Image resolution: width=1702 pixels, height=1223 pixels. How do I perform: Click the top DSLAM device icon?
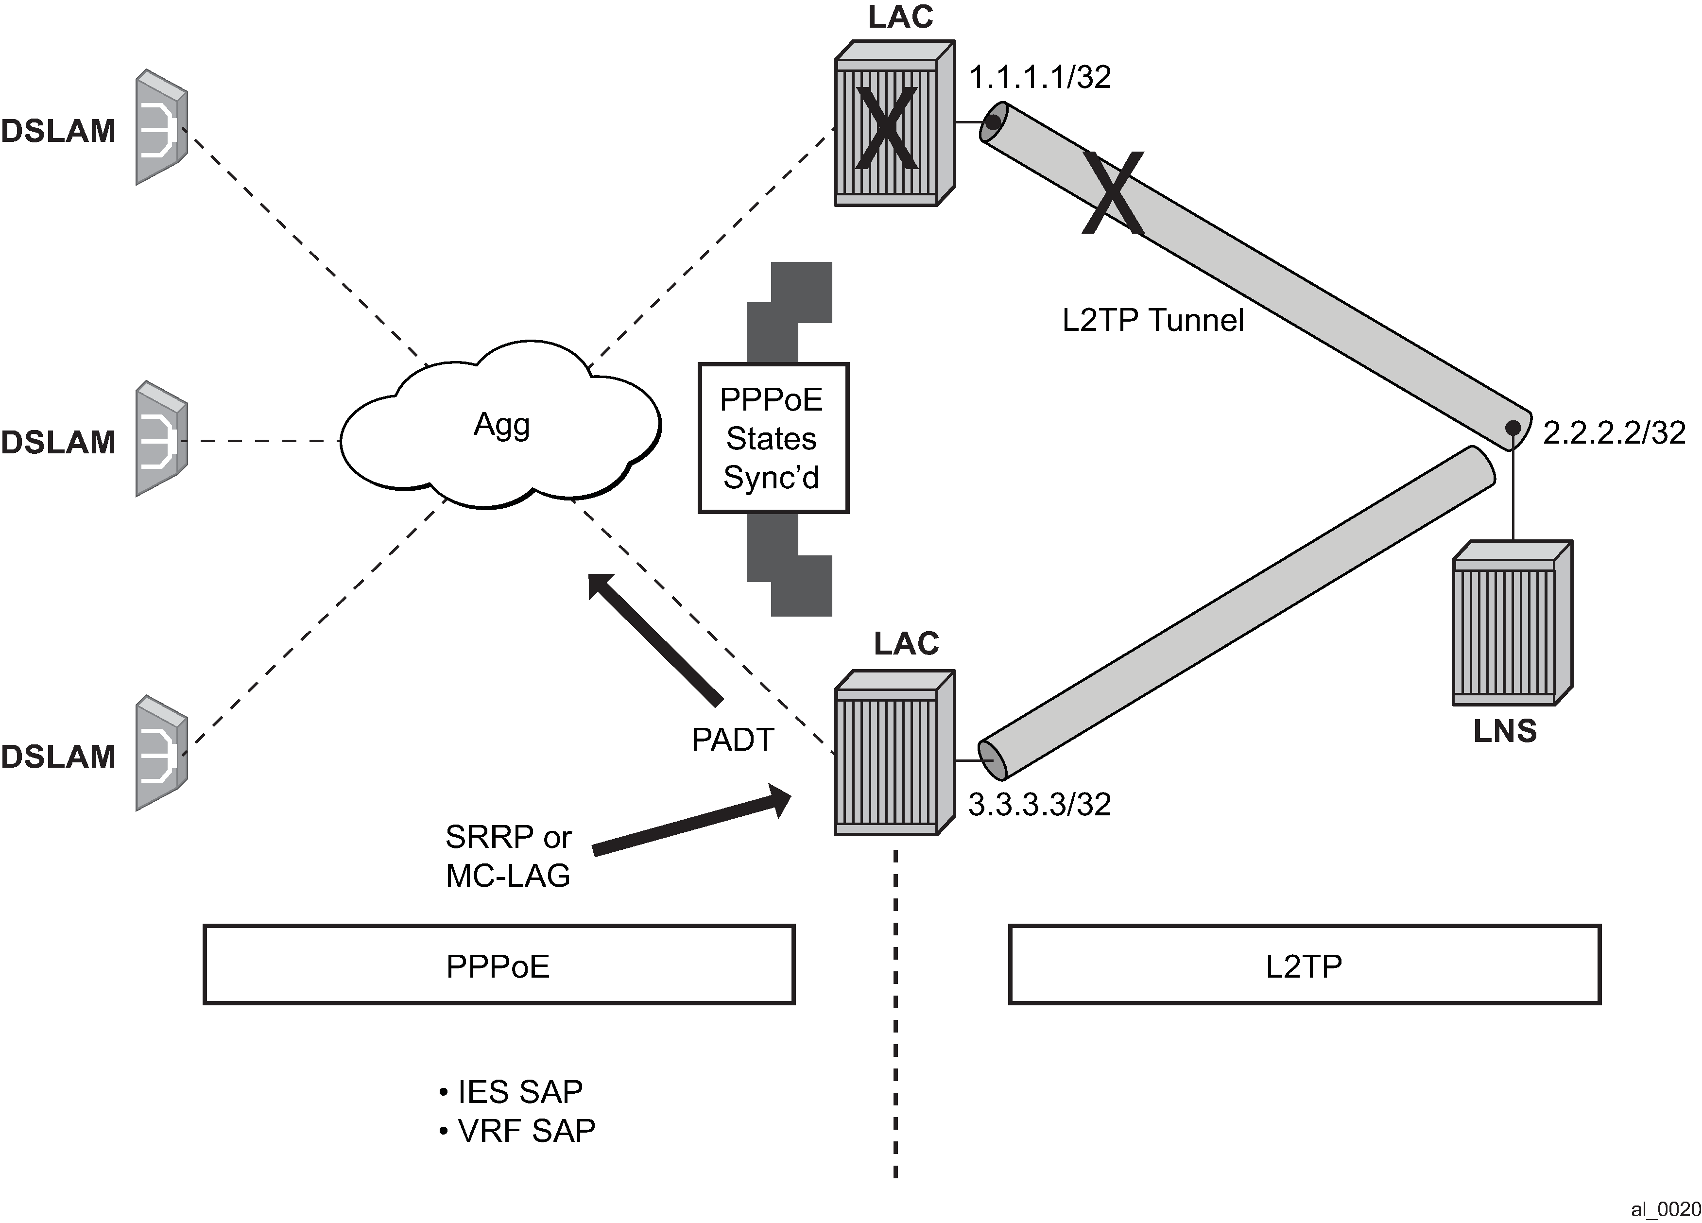click(x=161, y=128)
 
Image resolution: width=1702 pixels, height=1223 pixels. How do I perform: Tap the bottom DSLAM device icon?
click(x=161, y=753)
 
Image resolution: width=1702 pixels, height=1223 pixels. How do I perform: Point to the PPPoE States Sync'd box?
click(x=773, y=438)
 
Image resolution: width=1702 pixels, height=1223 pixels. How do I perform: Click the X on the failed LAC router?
click(x=887, y=128)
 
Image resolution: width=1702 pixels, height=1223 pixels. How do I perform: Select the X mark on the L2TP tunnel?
click(x=1113, y=193)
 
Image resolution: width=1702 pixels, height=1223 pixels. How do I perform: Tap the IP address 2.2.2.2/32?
click(x=1614, y=433)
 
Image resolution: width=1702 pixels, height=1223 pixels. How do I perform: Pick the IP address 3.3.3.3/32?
click(x=1039, y=804)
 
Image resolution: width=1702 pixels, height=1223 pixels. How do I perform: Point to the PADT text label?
click(x=732, y=741)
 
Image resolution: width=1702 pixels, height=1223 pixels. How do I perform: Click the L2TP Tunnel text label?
click(x=1152, y=320)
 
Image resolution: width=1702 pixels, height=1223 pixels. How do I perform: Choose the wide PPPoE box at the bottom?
click(x=499, y=965)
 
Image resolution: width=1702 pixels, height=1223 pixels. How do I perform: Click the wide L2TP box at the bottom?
click(x=1304, y=965)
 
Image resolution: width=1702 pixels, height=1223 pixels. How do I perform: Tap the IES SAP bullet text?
click(x=519, y=1092)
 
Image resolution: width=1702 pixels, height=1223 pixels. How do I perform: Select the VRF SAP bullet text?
click(x=525, y=1131)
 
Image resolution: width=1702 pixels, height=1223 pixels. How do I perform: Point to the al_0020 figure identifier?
click(x=1665, y=1209)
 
